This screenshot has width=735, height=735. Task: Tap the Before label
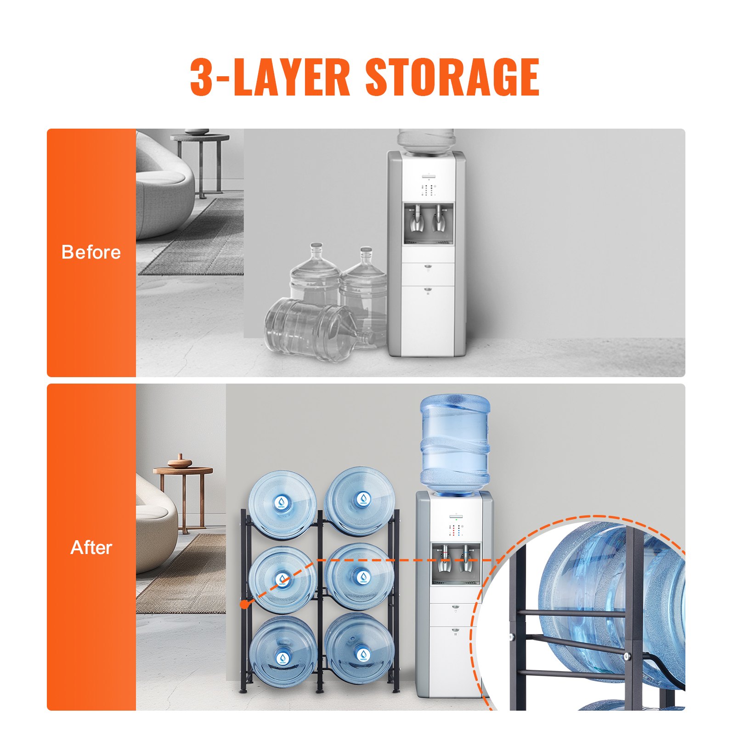91,252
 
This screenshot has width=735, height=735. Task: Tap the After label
91,548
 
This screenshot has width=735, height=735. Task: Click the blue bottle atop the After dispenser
455,443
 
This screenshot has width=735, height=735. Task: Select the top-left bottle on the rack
282,504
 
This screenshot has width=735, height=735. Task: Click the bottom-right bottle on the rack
359,649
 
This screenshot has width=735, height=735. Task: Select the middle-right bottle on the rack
359,577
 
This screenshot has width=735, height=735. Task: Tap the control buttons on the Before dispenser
429,190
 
